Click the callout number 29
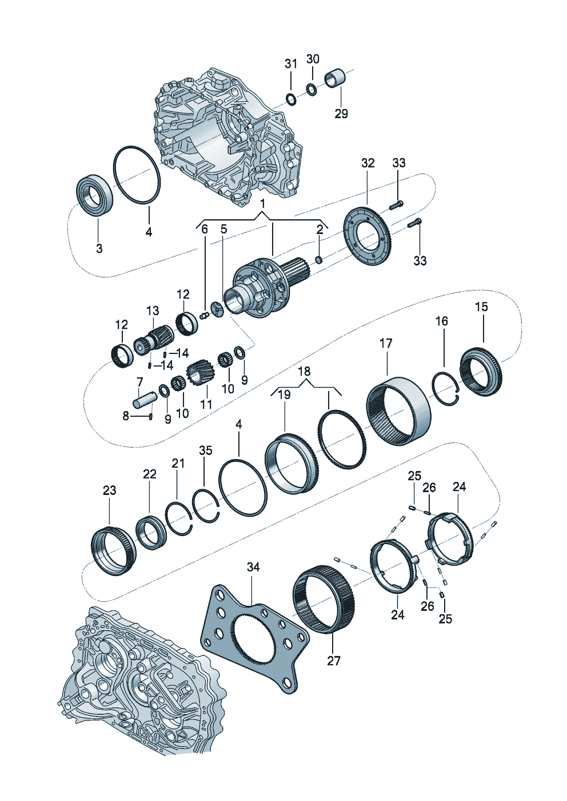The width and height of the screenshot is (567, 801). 341,114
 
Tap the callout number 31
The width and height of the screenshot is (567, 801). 291,63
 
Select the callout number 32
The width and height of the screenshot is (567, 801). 368,163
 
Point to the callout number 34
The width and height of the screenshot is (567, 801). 253,567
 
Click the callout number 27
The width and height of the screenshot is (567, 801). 334,661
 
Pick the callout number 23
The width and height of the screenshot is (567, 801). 109,490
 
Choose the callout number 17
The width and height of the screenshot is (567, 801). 386,343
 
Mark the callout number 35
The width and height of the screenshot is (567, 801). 205,450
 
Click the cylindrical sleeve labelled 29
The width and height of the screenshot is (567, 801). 335,78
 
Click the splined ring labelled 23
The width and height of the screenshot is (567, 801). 114,551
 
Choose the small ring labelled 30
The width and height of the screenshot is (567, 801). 312,90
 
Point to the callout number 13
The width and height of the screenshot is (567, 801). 153,311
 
